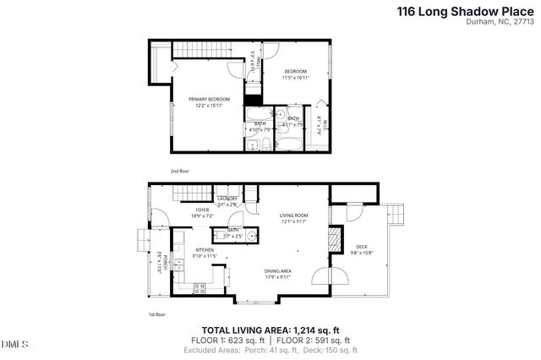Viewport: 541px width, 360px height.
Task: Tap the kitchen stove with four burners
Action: pyautogui.click(x=200, y=288)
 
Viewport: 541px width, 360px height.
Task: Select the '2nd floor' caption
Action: pyautogui.click(x=180, y=171)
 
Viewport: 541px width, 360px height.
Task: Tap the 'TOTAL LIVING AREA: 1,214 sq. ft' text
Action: pyautogui.click(x=270, y=330)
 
